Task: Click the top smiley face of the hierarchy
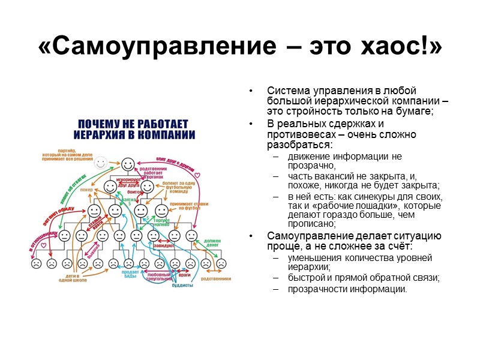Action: (127, 164)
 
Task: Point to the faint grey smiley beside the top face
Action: (101, 162)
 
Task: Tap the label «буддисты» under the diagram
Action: (182, 286)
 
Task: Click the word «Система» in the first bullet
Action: (286, 91)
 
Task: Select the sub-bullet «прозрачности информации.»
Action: (347, 289)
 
